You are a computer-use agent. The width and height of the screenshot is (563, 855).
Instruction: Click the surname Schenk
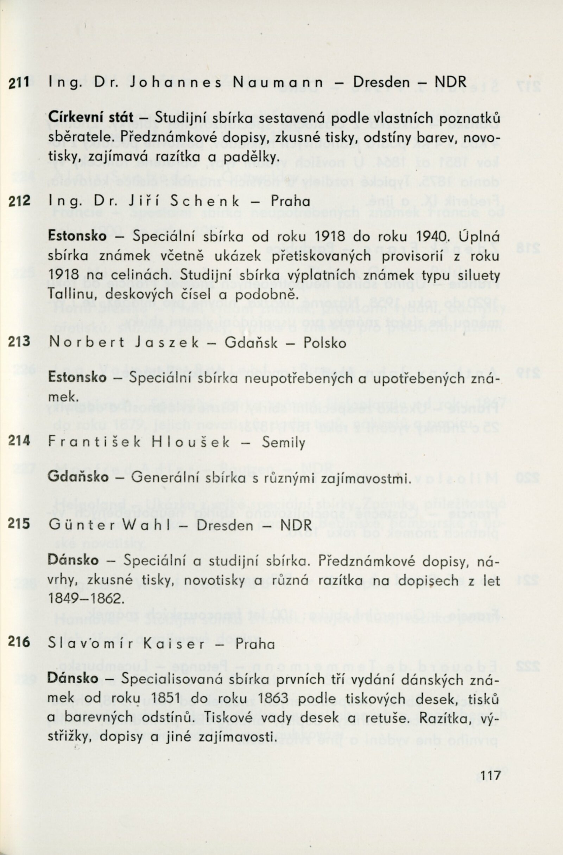[205, 202]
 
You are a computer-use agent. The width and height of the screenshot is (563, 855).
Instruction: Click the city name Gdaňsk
[251, 343]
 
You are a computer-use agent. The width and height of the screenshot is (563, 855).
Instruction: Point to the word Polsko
[324, 343]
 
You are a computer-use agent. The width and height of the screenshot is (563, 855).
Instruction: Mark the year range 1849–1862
[84, 598]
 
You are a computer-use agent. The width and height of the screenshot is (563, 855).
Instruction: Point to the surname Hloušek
[190, 442]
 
